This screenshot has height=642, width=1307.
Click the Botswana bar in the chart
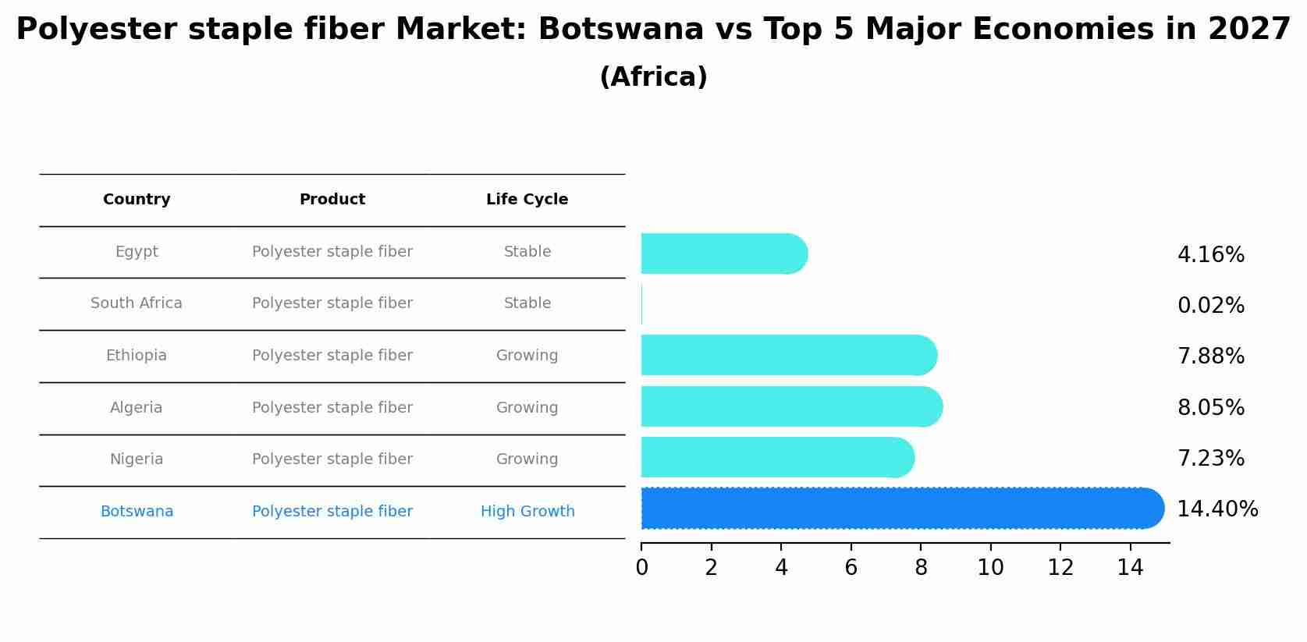click(x=897, y=509)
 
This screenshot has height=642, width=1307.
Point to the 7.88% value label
click(x=1210, y=356)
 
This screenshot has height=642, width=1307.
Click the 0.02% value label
click(x=1210, y=306)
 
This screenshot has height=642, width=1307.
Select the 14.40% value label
click(x=1216, y=509)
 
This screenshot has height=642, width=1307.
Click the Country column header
click(x=137, y=200)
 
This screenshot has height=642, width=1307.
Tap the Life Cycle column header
click(x=527, y=200)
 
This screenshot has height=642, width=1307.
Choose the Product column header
click(x=332, y=200)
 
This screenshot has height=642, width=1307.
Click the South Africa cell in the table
click(x=137, y=303)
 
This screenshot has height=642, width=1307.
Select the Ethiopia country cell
click(x=137, y=356)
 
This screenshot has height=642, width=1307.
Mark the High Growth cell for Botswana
click(x=527, y=512)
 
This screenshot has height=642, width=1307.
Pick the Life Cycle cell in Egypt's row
click(x=527, y=252)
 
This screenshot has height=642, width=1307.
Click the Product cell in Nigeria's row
click(x=332, y=459)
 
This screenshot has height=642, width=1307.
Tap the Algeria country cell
click(x=137, y=408)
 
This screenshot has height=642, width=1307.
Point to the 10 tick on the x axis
click(x=990, y=568)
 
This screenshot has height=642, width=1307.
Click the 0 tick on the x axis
click(x=641, y=568)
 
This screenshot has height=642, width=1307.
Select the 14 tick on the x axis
click(x=1130, y=568)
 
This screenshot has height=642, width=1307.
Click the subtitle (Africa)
click(x=653, y=77)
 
